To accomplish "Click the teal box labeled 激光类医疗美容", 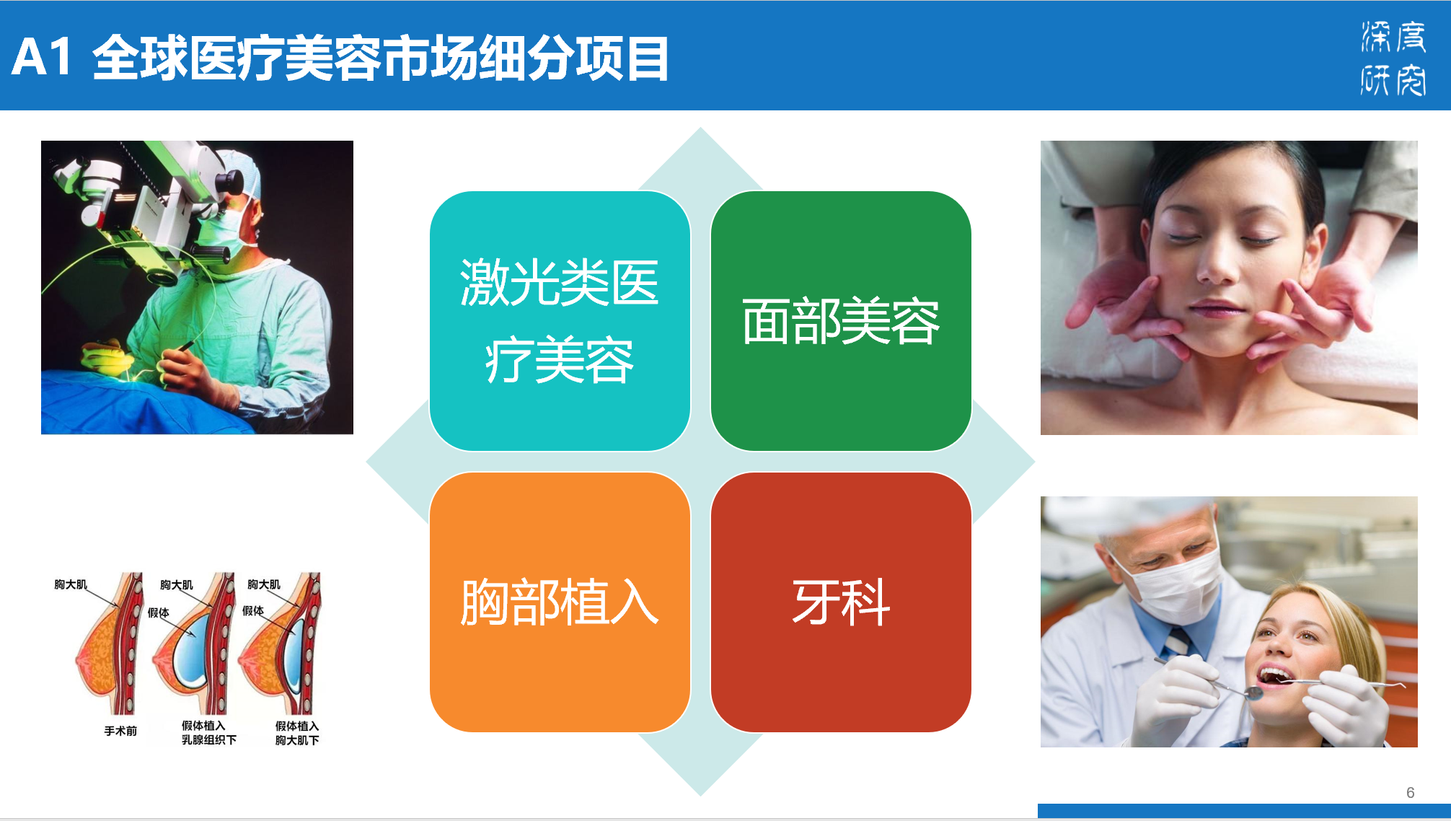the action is pos(560,321).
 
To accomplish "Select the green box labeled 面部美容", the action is pos(841,321).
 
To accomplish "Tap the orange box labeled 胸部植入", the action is pos(560,602).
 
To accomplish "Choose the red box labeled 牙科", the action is pos(841,602).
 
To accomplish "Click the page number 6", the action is pos(1410,792).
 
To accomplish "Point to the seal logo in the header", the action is pos(1393,58).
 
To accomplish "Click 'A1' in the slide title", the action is pos(42,58).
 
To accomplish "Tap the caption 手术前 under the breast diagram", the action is pos(120,731).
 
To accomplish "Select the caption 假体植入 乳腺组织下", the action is pos(208,732).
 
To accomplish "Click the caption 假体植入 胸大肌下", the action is pos(297,733).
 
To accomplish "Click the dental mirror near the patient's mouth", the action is pos(1255,693).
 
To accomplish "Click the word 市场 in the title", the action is pos(428,58).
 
